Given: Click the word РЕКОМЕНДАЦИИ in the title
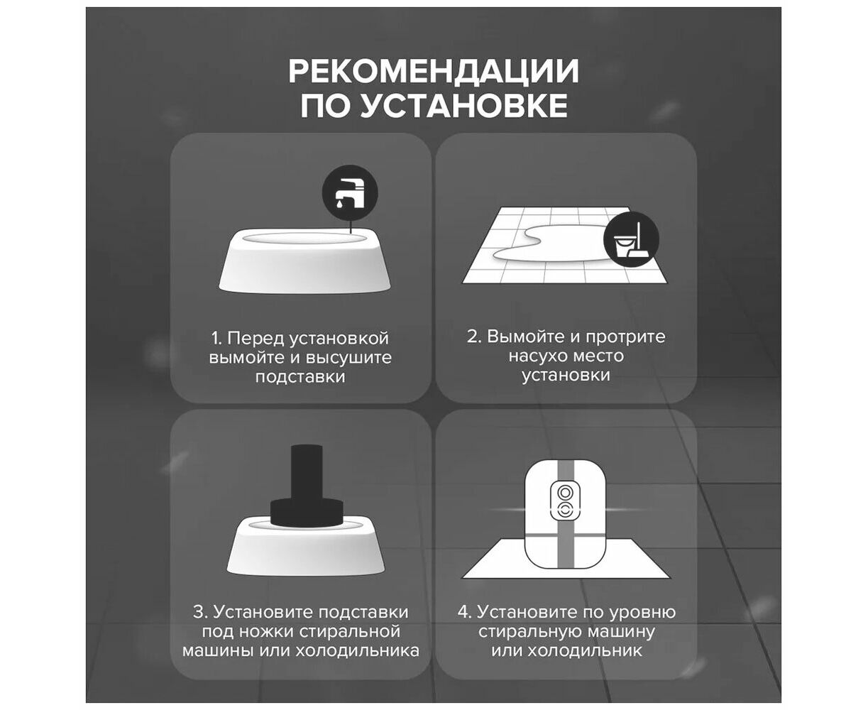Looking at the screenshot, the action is pos(433,71).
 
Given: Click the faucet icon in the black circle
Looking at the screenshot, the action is pos(349,193).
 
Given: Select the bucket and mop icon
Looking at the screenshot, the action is pos(631,239).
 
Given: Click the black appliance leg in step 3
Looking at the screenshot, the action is pos(307,486).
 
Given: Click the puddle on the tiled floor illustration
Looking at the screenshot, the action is pos(551,244).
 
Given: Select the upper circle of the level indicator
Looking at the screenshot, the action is pos(565,492).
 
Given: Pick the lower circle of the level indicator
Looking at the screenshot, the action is pos(565,511).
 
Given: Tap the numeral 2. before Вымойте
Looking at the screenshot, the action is pos(475,337).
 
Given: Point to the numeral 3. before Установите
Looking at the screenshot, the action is pos(200,612).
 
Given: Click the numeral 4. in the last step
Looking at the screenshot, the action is pos(464,612).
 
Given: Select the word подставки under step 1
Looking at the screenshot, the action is pos(300,377).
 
